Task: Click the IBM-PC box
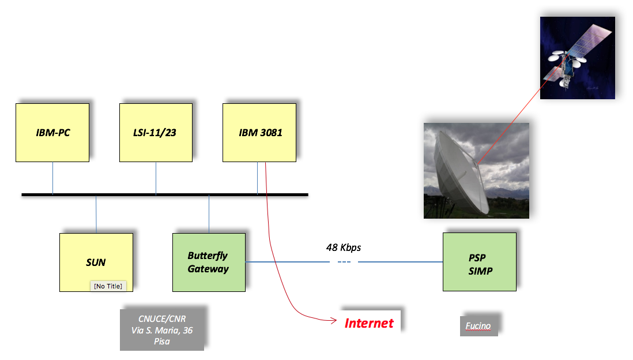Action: [52, 133]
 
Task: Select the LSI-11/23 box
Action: [156, 133]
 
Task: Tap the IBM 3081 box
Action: [259, 133]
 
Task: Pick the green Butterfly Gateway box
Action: [209, 262]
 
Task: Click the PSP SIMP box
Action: [480, 262]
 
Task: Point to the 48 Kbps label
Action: [344, 247]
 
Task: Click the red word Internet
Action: [369, 323]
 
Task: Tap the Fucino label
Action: [478, 326]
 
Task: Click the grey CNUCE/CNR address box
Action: [162, 329]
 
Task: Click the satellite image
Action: [577, 58]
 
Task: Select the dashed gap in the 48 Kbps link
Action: [344, 262]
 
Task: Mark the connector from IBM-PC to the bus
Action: [52, 178]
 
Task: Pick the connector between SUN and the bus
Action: [96, 214]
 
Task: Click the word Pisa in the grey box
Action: [162, 341]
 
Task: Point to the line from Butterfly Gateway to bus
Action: [209, 214]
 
